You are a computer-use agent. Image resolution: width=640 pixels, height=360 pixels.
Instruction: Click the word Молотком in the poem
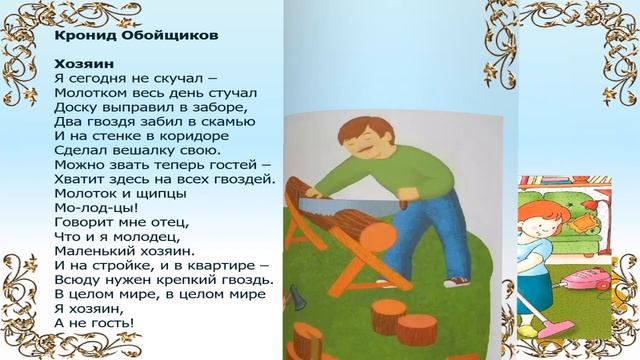pyautogui.click(x=89, y=92)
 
